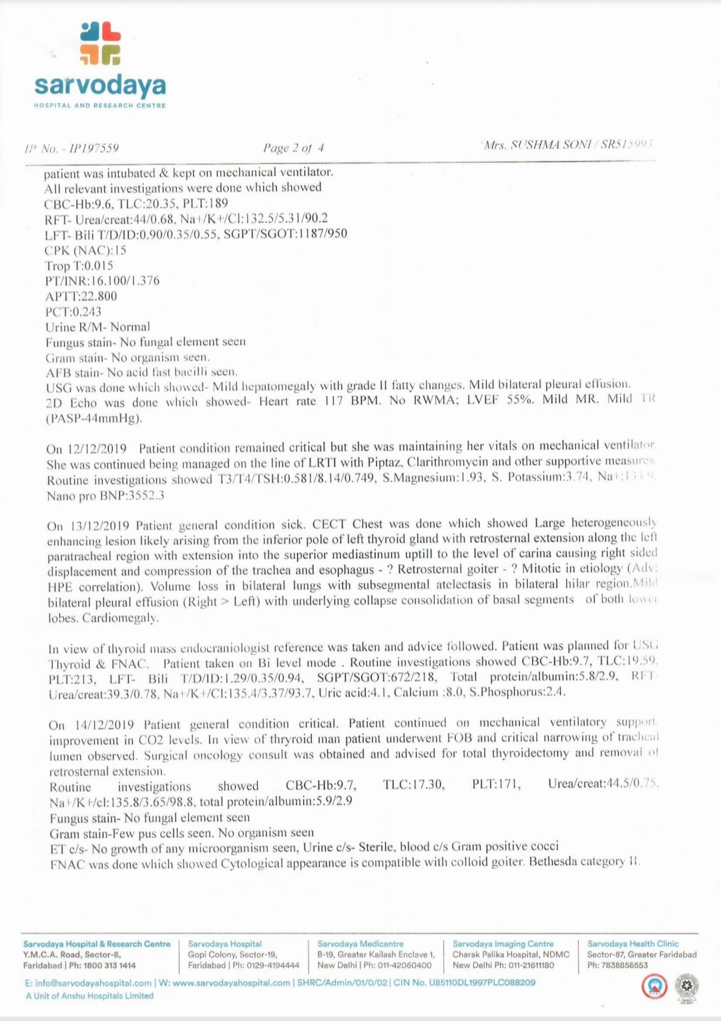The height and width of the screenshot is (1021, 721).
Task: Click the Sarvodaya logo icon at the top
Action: click(100, 43)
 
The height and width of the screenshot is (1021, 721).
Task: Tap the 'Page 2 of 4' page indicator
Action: click(294, 148)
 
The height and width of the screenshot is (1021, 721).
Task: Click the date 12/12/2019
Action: click(96, 448)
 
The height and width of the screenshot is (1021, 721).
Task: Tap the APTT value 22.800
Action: click(98, 296)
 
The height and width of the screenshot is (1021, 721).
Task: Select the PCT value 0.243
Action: click(86, 311)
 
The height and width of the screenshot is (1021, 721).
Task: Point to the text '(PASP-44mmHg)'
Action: click(94, 419)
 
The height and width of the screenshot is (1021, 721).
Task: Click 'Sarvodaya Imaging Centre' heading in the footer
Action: click(503, 944)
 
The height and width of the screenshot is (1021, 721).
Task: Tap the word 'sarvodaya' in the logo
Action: click(100, 85)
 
